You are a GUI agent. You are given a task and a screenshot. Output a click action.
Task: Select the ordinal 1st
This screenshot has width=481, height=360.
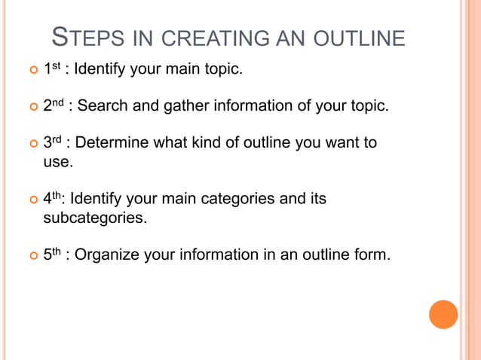pyautogui.click(x=51, y=69)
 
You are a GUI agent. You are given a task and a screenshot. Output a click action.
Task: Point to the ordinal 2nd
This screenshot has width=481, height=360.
pyautogui.click(x=54, y=105)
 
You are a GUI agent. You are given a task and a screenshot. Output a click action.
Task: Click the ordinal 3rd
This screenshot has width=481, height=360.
pyautogui.click(x=52, y=142)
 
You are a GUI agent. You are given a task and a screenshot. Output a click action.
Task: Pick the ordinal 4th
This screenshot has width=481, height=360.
pyautogui.click(x=52, y=200)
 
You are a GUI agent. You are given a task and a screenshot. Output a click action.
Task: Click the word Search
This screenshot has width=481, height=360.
pyautogui.click(x=103, y=106)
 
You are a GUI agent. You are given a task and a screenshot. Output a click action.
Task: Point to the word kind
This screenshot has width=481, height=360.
pyautogui.click(x=211, y=142)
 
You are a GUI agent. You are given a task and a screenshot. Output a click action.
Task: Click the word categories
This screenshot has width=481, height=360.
pyautogui.click(x=240, y=200)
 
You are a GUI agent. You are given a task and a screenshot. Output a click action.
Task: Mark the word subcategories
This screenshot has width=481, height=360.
pyautogui.click(x=94, y=219)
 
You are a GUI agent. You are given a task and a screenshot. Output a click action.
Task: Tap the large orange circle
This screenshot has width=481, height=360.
pyautogui.click(x=443, y=314)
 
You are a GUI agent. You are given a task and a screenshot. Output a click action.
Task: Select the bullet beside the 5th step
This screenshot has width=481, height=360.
pyautogui.click(x=32, y=256)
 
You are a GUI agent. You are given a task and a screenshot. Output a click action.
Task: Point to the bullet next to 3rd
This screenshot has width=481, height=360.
pyautogui.click(x=32, y=143)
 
